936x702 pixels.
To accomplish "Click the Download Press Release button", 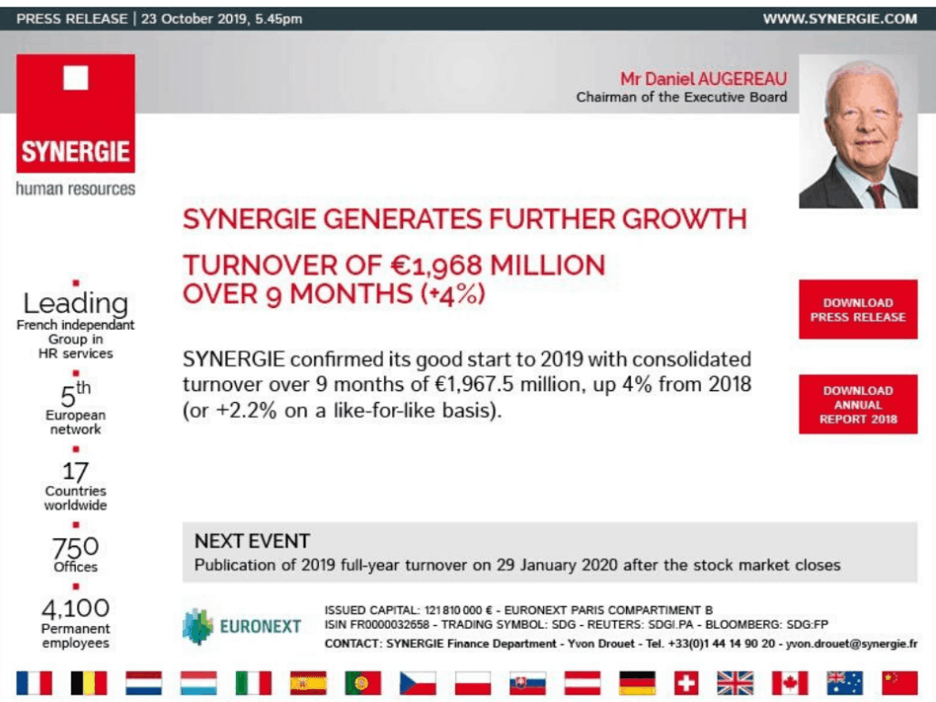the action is coord(857,309).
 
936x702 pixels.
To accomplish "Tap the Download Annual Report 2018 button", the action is coord(857,404).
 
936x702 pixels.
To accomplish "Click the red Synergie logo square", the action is coord(76,113).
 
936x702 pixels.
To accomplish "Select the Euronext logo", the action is coord(241,626).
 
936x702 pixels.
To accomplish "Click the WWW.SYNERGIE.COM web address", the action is coord(840,18).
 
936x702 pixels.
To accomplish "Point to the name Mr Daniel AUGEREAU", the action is coord(703,79).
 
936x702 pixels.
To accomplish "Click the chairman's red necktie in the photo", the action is coord(877,196).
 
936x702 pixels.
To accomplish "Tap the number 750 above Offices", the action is coord(75,547).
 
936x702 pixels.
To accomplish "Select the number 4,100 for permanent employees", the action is coord(75,608).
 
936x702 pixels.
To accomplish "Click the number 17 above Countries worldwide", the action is coord(75,472).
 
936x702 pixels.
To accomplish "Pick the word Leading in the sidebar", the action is coord(75,303).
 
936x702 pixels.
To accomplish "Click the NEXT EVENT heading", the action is coord(252,541).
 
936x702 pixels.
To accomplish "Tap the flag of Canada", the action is coord(790,683).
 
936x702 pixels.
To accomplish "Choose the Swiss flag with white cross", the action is coord(686,683).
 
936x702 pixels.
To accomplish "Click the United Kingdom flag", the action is coord(735,683).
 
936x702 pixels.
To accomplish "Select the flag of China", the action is coord(899,683).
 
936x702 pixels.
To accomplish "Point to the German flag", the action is coord(637,683).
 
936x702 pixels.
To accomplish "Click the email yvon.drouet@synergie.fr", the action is coord(851,643).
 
